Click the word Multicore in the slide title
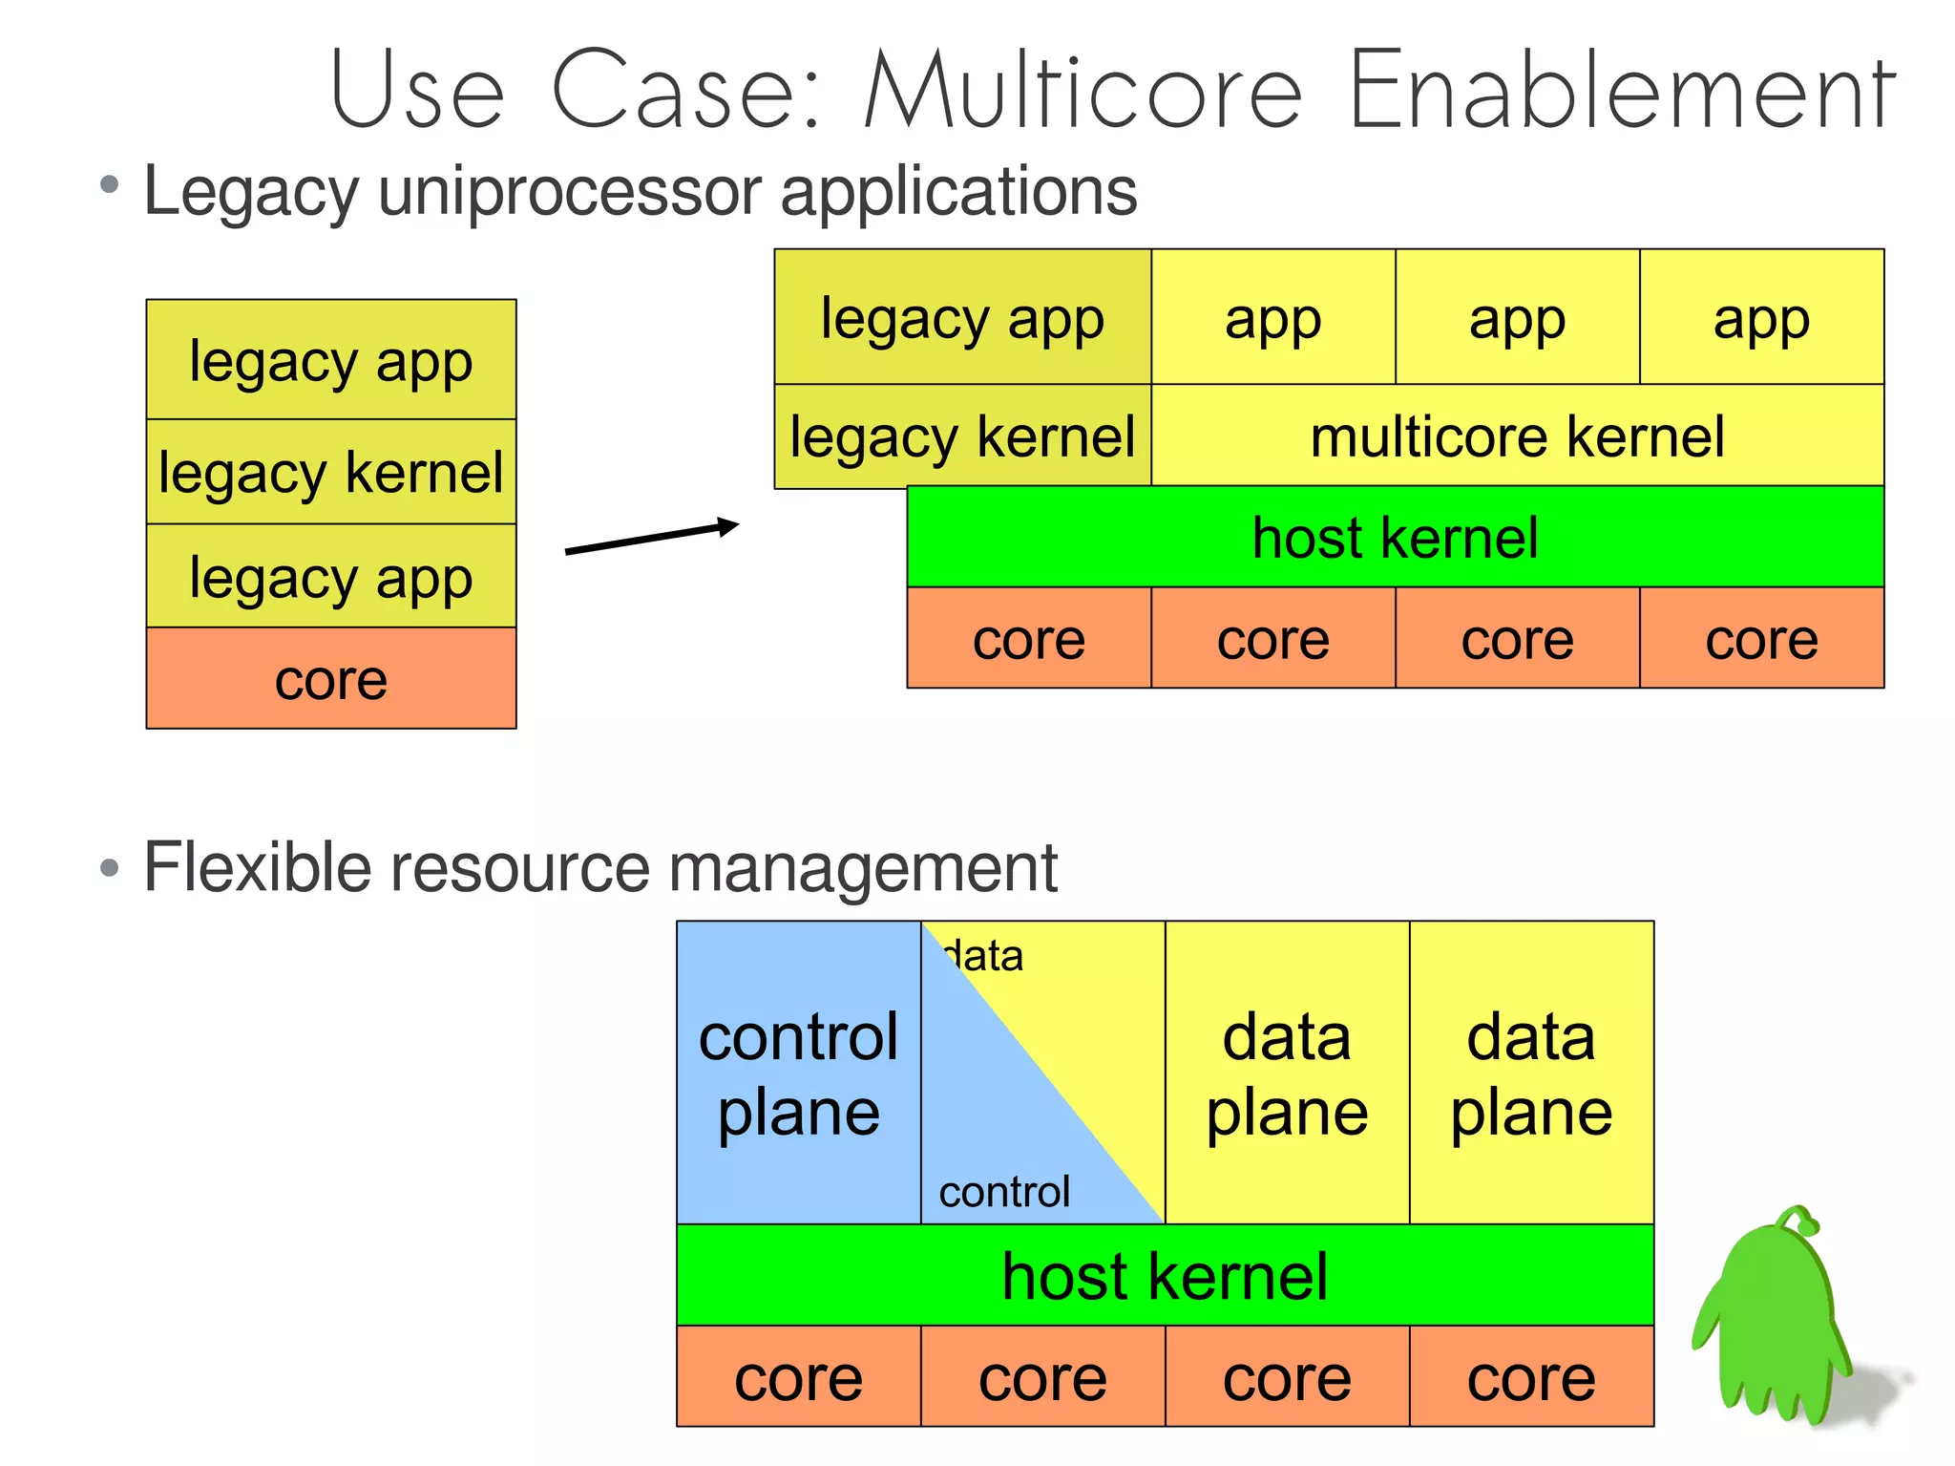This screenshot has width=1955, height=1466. pos(1083,91)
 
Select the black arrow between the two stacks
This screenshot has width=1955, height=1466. pos(652,537)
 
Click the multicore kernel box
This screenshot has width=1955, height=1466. pos(1517,436)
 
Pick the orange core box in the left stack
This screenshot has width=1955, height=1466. pos(331,679)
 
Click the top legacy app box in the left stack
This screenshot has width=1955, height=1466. pos(331,361)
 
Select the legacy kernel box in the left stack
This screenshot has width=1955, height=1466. pos(331,472)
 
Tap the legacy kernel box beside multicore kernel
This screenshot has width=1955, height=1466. pos(962,437)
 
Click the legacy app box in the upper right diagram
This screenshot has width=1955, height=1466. pos(962,318)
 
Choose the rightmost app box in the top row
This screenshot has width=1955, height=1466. pos(1761,318)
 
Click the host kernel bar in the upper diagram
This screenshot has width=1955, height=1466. pos(1395,537)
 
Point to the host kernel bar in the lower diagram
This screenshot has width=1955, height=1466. pos(1165,1276)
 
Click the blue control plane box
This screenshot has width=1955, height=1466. pos(798,1073)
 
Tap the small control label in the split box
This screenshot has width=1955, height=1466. pos(1004,1192)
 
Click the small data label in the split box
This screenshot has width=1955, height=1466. pos(983,956)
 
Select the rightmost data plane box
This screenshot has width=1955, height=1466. pos(1531,1073)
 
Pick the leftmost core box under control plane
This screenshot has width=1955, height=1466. pos(798,1377)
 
